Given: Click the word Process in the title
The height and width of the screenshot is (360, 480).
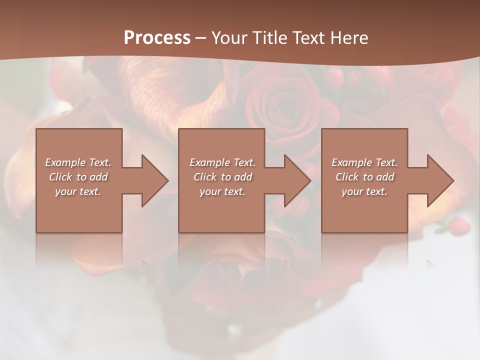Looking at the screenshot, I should coord(157,38).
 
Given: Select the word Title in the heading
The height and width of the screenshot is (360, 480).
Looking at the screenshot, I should coord(269,38).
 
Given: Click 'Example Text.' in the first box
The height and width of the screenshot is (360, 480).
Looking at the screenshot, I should coord(78,162).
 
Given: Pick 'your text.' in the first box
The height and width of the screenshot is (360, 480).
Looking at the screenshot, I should coord(78,191).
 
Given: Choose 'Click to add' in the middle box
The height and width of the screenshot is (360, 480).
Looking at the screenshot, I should coord(222,177).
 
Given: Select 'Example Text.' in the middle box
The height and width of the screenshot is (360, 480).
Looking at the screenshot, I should coord(222,162).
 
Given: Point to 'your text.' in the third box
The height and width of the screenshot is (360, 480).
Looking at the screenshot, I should coord(364,191).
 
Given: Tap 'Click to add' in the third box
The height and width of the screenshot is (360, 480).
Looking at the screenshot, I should coord(364,177).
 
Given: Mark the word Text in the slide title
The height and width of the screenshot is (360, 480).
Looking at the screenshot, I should coord(309,38).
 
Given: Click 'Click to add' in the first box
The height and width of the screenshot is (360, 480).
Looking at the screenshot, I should coord(78,177).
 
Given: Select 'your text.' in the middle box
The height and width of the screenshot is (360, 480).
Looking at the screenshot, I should coord(222,191).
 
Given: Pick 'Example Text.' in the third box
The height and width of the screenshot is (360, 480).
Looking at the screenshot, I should coord(364,162).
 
